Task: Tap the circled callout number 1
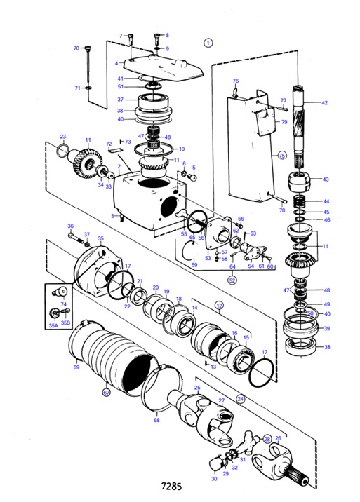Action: (x=208, y=42)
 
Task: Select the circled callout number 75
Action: (x=282, y=155)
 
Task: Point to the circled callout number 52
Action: (x=232, y=280)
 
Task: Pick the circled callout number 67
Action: (x=107, y=393)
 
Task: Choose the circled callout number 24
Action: (x=240, y=398)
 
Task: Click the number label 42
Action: (x=325, y=103)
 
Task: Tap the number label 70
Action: (x=76, y=48)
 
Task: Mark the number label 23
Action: (x=62, y=137)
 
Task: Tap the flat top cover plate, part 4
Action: (x=161, y=67)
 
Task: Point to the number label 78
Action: (x=281, y=210)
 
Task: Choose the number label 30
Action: (x=214, y=479)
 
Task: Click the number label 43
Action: (x=325, y=180)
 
